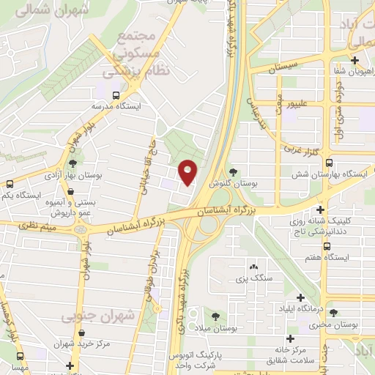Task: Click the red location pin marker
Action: pos(188,172)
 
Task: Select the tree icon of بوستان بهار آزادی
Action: pos(73,163)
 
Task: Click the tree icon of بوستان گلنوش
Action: pos(233,171)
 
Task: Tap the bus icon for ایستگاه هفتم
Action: pos(326,247)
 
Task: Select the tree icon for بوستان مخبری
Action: pos(334,313)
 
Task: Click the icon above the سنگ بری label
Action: pos(253,267)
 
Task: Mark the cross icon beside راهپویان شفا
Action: pos(355,60)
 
